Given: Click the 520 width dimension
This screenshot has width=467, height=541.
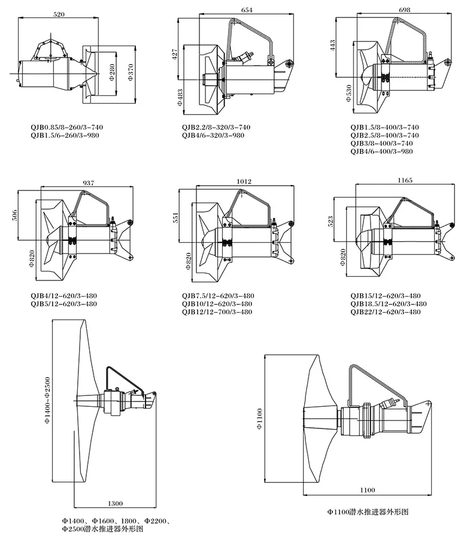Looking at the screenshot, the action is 59,14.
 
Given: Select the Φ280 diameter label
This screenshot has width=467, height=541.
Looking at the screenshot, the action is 112,71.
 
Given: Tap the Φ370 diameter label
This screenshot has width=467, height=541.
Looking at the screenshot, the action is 131,72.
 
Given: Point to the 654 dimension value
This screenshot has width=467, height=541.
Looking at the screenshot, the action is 247,10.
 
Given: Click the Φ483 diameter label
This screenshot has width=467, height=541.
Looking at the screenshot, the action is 180,97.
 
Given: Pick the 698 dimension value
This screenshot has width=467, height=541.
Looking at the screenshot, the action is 404,10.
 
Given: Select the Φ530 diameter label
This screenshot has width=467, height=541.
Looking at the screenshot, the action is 348,93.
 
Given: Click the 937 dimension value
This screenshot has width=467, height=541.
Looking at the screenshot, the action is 88,183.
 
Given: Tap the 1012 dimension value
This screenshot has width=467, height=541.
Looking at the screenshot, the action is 244,182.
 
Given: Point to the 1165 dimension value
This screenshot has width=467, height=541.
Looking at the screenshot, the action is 405,180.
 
